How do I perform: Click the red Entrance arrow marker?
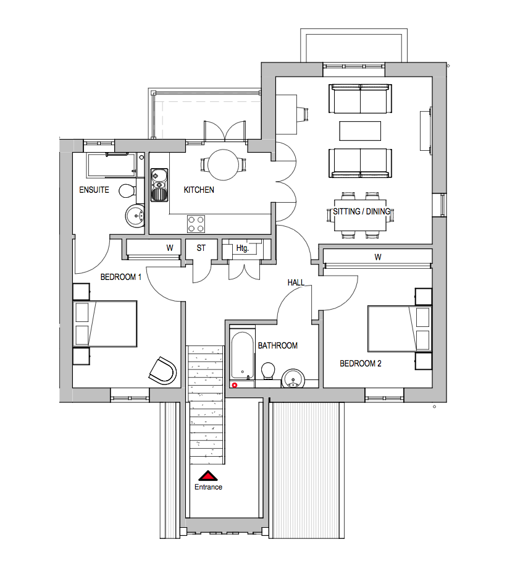coord(208,476)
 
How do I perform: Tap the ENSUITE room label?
coord(94,190)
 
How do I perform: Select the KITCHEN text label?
coord(199,190)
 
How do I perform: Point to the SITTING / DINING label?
coord(362,212)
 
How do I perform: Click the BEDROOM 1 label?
coord(121,277)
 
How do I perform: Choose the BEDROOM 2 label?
coord(361,363)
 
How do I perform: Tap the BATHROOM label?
coord(278,345)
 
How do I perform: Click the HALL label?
coord(296,282)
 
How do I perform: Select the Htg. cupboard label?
coord(242,248)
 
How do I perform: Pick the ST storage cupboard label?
coord(201,248)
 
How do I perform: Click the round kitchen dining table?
coord(224,165)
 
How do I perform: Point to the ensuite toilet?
coord(128,189)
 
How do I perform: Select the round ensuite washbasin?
coord(136,216)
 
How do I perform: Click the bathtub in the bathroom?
coord(242,358)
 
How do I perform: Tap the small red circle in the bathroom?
coord(234,384)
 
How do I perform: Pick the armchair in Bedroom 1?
coord(163,370)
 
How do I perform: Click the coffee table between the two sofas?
coord(360,131)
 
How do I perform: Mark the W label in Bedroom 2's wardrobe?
coord(377,256)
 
